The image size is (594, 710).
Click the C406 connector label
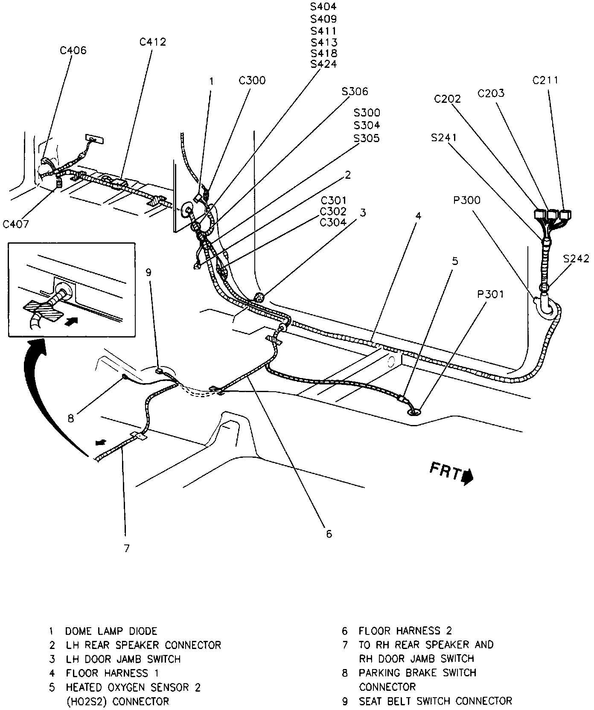click(73, 51)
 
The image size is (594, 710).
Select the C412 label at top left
click(152, 42)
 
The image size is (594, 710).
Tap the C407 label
click(16, 224)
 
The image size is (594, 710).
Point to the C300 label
click(252, 81)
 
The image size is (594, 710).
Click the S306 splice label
click(354, 91)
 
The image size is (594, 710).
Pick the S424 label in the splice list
click(323, 64)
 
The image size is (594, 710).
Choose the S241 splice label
click(444, 137)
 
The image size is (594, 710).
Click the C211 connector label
click(545, 80)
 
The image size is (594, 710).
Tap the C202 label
click(447, 99)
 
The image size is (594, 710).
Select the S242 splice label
click(576, 259)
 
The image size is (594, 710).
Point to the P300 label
click(467, 201)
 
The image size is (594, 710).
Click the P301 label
click(490, 294)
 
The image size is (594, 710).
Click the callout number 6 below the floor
click(329, 534)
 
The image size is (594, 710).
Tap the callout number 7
click(126, 548)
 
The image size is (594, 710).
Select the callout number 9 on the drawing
click(148, 272)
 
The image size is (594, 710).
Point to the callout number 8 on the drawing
click(70, 418)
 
